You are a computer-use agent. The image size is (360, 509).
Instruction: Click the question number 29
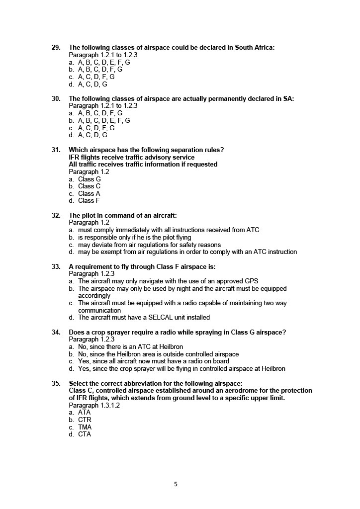click(56, 48)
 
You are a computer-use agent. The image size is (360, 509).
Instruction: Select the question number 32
click(56, 216)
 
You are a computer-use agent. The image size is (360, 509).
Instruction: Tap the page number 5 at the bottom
click(176, 485)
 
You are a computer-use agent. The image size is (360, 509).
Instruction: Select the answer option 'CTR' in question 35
click(85, 420)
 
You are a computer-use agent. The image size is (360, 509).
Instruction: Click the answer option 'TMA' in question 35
click(85, 427)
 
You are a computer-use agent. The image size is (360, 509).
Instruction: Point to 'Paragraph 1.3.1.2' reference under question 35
click(94, 406)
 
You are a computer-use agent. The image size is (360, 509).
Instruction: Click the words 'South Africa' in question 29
click(254, 48)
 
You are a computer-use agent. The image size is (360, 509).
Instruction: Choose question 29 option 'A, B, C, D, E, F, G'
click(104, 63)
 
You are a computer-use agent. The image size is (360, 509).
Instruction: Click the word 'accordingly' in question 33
click(94, 296)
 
